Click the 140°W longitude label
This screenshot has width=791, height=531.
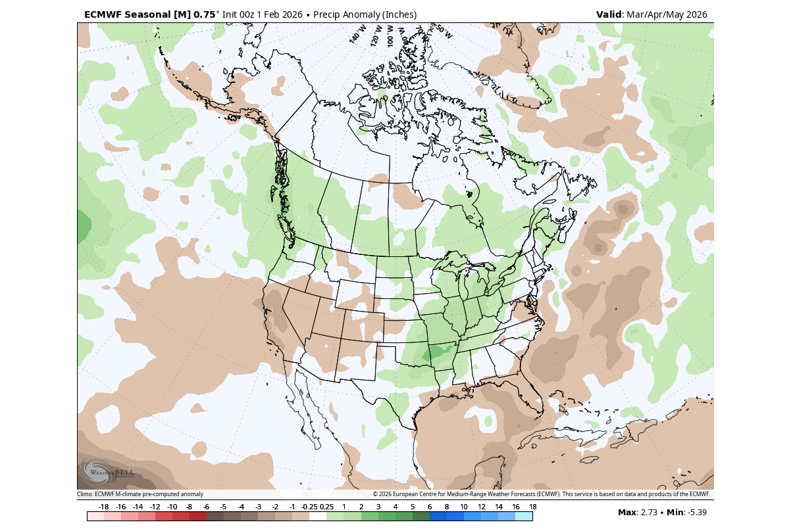click(357, 35)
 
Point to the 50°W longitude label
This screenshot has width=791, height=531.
click(444, 32)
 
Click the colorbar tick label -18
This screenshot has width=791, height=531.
click(103, 507)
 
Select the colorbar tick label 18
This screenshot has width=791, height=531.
click(532, 507)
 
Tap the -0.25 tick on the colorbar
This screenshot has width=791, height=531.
click(308, 507)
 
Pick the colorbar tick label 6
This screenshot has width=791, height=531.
click(430, 507)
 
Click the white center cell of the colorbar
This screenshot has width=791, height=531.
click(318, 517)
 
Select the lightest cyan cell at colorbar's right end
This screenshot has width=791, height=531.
click(524, 517)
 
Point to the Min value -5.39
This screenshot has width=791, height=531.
click(697, 513)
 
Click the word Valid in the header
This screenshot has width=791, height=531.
click(609, 14)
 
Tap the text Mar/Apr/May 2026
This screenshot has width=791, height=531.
click(667, 14)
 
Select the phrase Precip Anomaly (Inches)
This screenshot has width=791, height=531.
click(365, 14)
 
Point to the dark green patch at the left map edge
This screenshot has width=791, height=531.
click(83, 227)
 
